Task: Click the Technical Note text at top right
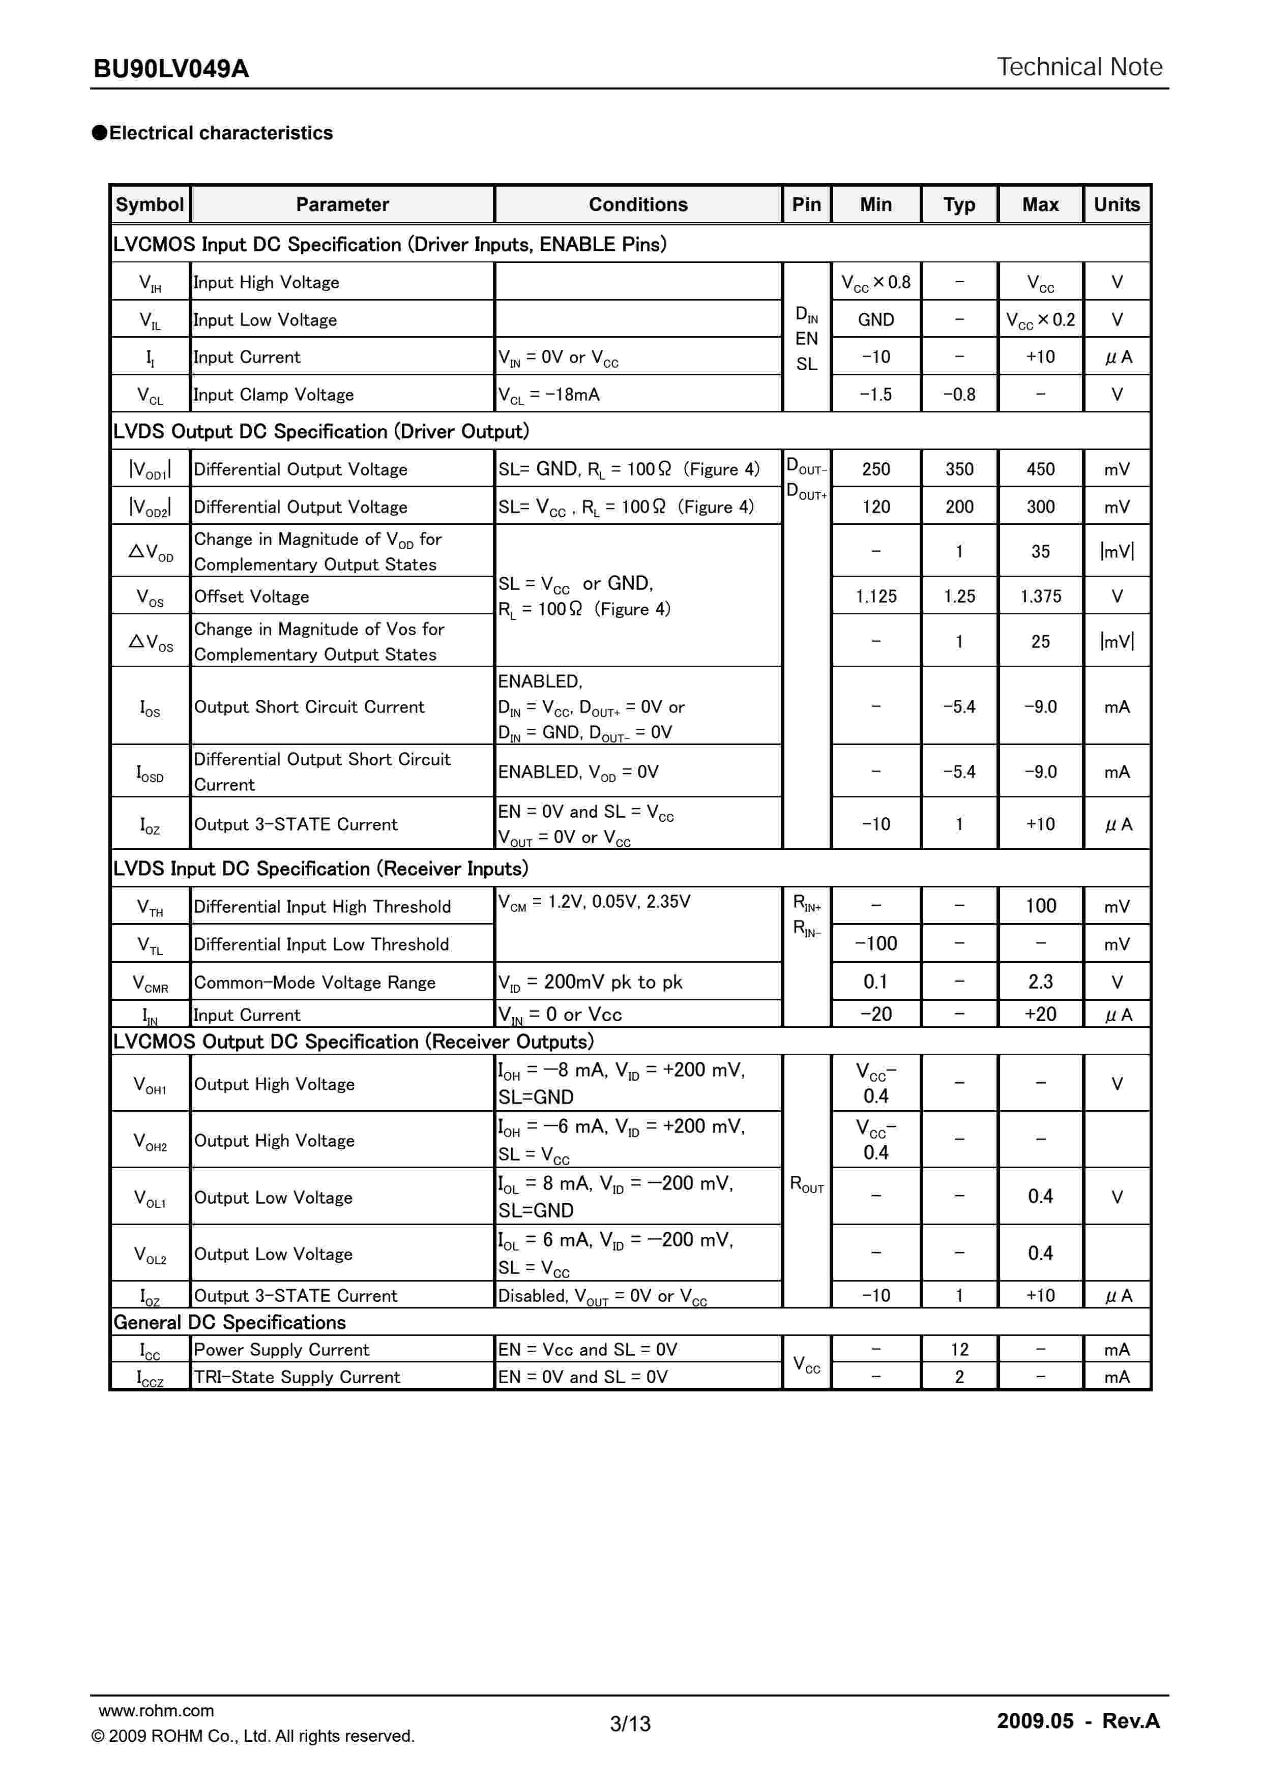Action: [x=1079, y=67]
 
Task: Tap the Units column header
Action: [x=1117, y=204]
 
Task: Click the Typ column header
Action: [x=959, y=204]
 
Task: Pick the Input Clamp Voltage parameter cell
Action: [x=274, y=395]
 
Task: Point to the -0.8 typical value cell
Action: [x=959, y=395]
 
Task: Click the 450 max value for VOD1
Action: [x=1040, y=469]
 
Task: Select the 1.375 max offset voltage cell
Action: [x=1040, y=596]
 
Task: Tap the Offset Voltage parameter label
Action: [x=252, y=596]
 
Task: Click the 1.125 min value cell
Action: [x=875, y=596]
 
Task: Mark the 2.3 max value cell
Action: [x=1040, y=982]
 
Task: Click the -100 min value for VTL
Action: [x=875, y=944]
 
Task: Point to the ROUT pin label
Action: [x=806, y=1184]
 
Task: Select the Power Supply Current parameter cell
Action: [x=281, y=1350]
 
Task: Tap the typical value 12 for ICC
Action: [x=959, y=1350]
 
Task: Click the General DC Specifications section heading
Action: [x=229, y=1322]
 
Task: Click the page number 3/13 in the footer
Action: [x=630, y=1723]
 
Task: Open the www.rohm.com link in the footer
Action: [x=156, y=1710]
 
